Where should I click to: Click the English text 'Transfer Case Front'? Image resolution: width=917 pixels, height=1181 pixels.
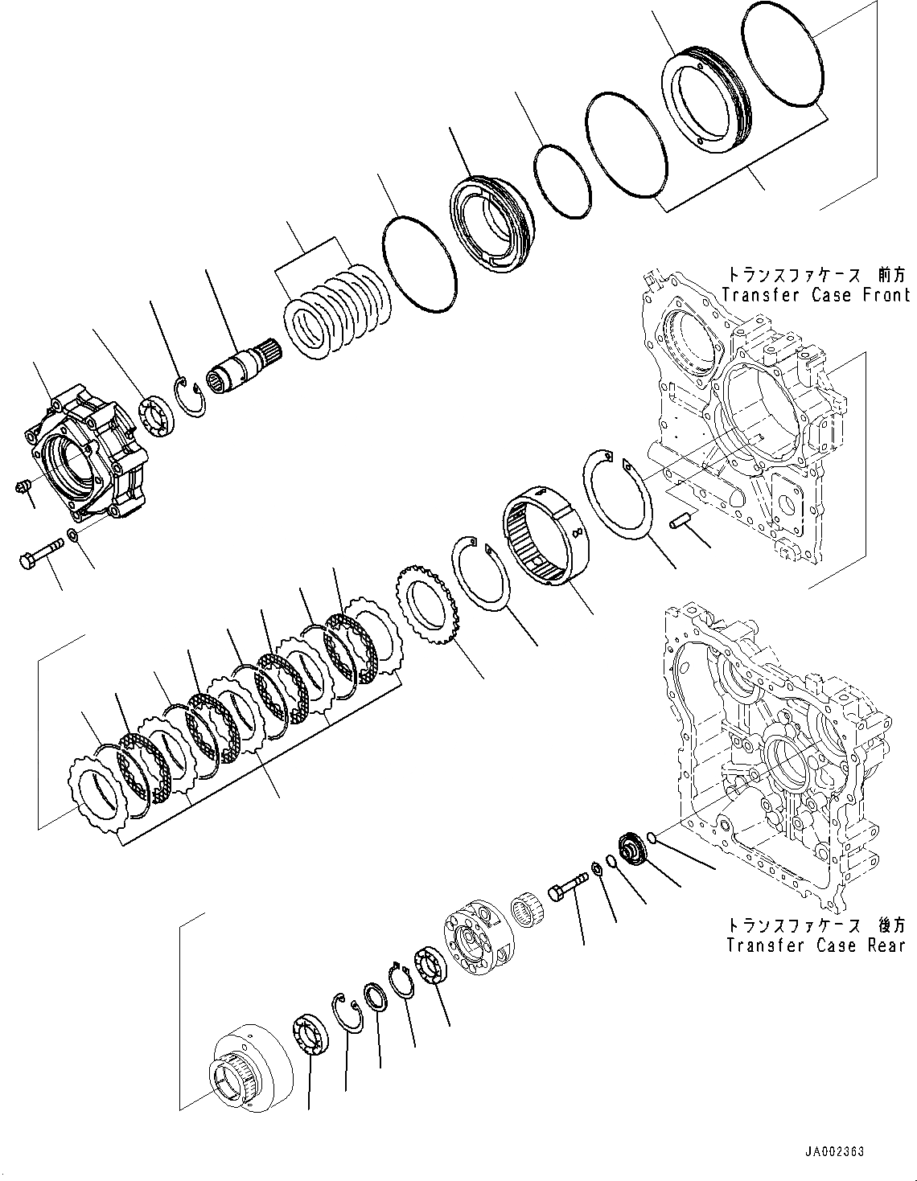[x=816, y=294]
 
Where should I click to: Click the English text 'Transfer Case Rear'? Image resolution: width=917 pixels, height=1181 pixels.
[x=816, y=945]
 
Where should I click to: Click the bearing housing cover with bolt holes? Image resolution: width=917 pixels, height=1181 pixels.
[x=87, y=457]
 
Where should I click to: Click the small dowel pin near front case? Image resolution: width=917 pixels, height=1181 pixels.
[x=681, y=523]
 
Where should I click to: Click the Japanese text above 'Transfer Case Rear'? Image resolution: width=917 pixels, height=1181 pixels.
[x=816, y=925]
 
